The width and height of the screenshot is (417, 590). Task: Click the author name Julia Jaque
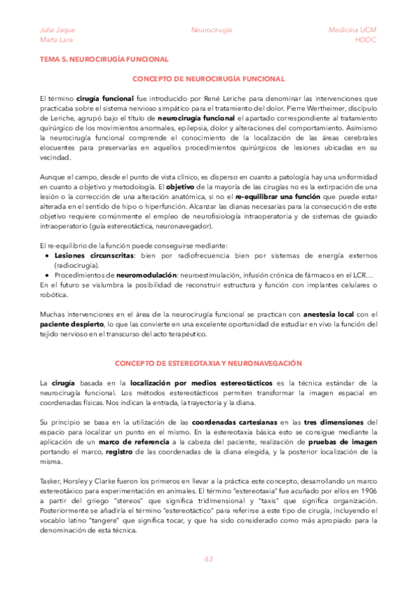click(57, 31)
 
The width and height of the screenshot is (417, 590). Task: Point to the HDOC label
click(365, 40)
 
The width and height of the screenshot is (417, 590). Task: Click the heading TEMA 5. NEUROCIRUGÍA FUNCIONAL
click(104, 60)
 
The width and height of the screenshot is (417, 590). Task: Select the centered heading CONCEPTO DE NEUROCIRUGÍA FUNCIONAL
click(208, 79)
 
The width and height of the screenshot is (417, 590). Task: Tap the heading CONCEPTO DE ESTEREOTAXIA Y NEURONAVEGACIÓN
click(208, 363)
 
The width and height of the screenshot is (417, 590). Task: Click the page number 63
click(208, 560)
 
